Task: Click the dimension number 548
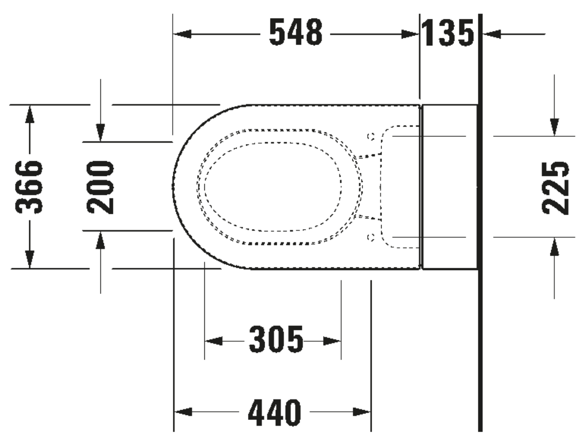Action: (x=296, y=33)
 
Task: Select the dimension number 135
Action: (x=448, y=33)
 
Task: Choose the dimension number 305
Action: (x=276, y=340)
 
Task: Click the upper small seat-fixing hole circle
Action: (x=371, y=135)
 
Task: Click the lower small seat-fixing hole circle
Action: (x=371, y=237)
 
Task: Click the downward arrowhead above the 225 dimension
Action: (x=554, y=127)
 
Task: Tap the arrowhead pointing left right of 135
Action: (x=492, y=34)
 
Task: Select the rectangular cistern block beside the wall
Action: (x=450, y=186)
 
